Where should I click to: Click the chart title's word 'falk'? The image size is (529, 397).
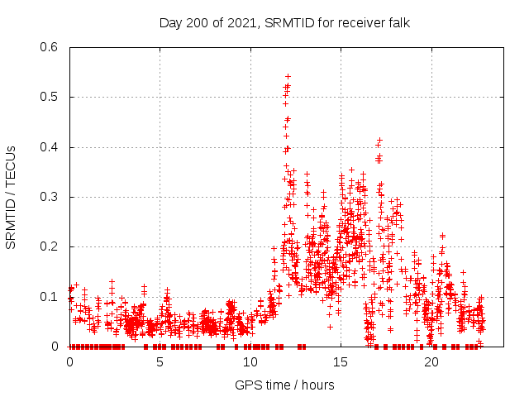[397, 22]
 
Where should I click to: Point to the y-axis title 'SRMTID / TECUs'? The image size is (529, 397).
[11, 197]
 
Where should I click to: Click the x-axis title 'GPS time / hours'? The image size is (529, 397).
[284, 385]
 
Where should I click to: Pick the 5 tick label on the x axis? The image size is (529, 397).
[160, 361]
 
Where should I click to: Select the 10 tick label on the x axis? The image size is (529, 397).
[250, 361]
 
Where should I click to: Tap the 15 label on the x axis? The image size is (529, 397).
[341, 361]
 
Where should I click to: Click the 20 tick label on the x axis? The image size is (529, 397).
[431, 361]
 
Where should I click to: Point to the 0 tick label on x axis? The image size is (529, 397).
[69, 361]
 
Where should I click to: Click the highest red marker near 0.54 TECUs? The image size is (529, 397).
[288, 76]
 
